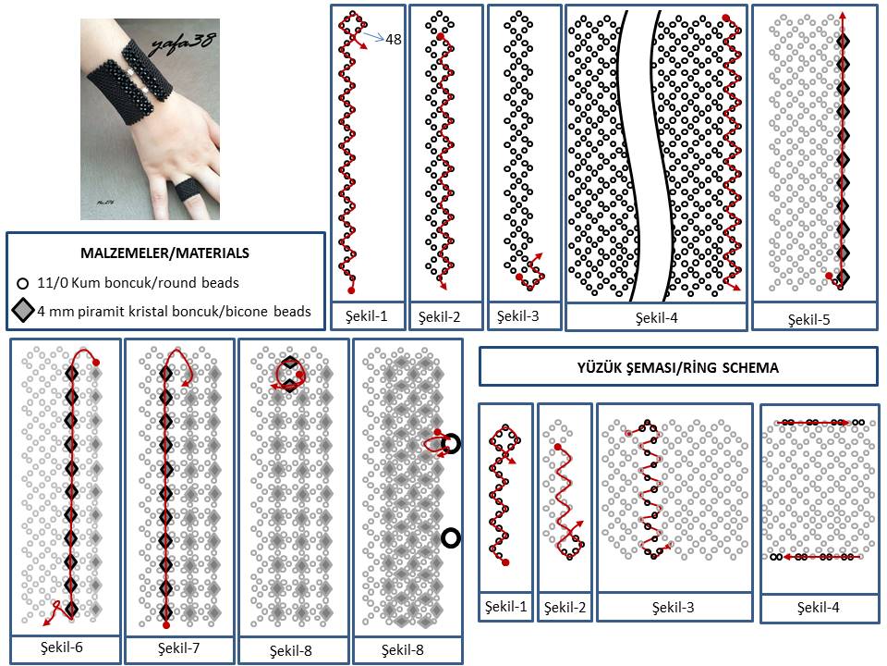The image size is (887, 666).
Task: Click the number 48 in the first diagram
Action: [x=393, y=39]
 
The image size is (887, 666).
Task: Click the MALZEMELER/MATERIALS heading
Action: [x=165, y=252]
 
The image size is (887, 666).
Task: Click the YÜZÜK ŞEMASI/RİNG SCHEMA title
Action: [x=677, y=367]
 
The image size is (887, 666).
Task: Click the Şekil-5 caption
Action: [x=808, y=320]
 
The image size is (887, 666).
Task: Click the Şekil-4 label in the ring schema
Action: [x=818, y=608]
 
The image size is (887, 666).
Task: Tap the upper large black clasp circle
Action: [x=452, y=445]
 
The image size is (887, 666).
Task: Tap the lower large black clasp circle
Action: [x=452, y=537]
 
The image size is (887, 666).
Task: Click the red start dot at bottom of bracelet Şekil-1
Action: [x=351, y=290]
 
